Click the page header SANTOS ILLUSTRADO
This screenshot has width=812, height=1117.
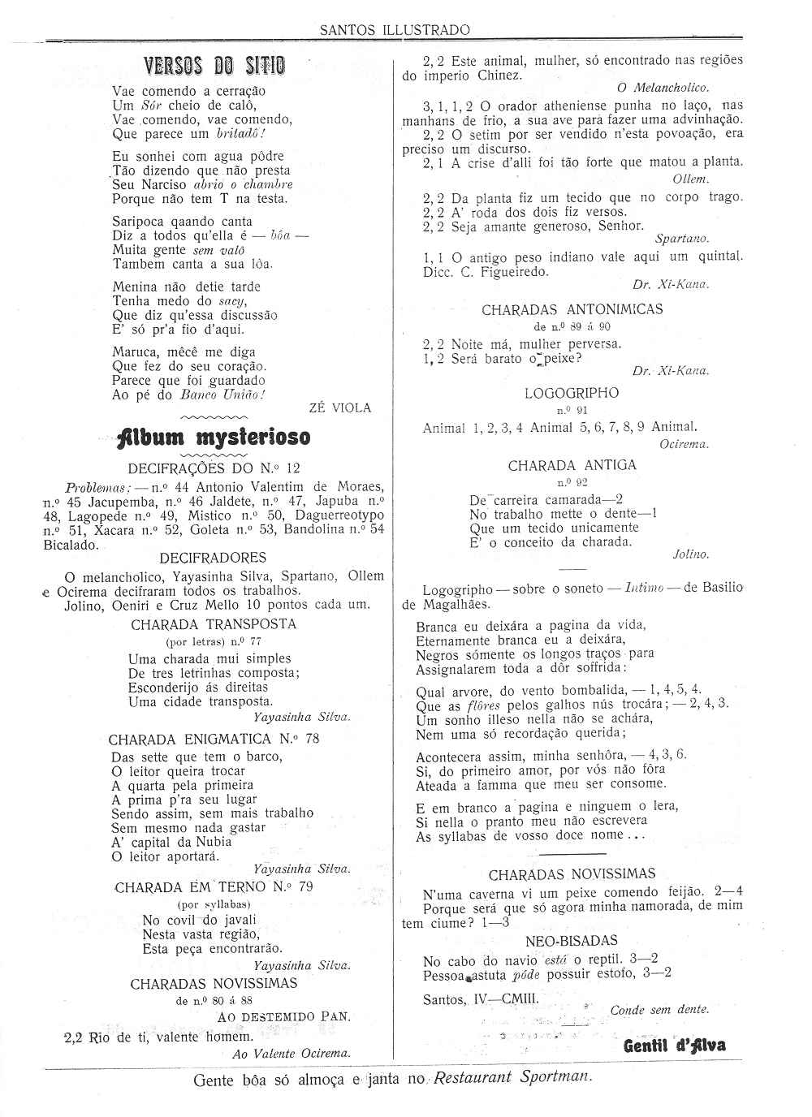[395, 30]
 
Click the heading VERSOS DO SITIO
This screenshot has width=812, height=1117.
[214, 66]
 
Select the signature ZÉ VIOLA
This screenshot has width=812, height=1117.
[340, 408]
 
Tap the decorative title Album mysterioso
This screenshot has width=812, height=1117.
[214, 437]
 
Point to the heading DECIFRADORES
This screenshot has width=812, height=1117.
[213, 558]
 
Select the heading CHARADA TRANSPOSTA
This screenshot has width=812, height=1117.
[214, 624]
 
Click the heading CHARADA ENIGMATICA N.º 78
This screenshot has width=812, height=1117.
[214, 739]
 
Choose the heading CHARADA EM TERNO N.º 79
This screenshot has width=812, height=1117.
[214, 886]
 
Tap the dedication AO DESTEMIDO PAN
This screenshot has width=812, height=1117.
[284, 1016]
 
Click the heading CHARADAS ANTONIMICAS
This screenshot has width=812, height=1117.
[572, 309]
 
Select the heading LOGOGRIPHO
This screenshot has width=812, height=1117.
[572, 393]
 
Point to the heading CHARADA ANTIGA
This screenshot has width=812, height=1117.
[572, 465]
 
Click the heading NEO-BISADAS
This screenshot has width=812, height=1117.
[572, 941]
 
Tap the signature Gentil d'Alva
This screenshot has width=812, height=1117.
[674, 1045]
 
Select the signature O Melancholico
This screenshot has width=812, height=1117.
[663, 88]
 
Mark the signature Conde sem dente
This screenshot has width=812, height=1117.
[659, 1010]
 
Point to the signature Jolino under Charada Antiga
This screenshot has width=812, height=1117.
[691, 554]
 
